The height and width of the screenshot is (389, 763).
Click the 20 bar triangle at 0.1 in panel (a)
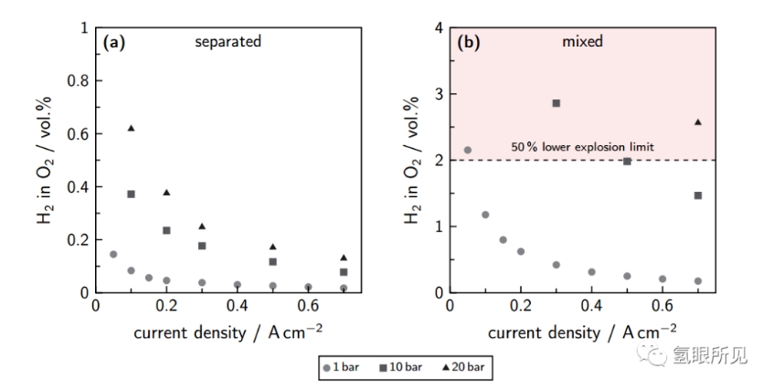[131, 128]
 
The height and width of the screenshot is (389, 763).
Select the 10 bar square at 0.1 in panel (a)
[131, 194]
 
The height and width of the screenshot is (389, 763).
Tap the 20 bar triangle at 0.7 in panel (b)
[698, 121]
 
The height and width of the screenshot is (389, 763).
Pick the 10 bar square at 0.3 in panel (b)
[556, 103]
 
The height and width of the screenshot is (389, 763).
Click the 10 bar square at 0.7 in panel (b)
[698, 195]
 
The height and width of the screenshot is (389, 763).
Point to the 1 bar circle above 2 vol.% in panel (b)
[467, 150]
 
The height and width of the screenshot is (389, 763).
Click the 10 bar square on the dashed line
[627, 161]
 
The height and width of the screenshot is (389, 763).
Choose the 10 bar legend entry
[399, 368]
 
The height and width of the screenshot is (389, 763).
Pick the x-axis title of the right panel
[582, 330]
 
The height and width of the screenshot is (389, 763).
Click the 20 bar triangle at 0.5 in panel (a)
[273, 247]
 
